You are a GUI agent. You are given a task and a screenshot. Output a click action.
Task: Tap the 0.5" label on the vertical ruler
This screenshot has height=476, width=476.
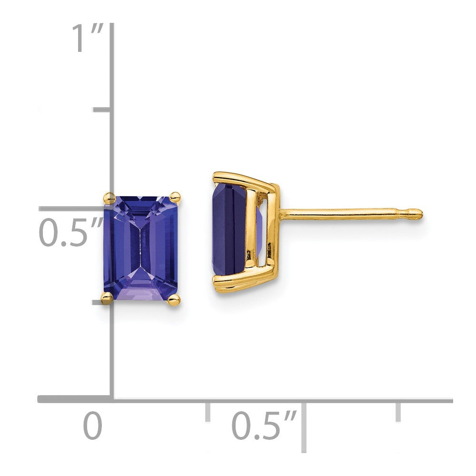(x=70, y=232)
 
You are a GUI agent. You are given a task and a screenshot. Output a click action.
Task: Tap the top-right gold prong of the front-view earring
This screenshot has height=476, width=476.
(x=175, y=196)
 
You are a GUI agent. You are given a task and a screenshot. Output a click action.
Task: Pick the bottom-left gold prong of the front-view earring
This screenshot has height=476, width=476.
(x=107, y=298)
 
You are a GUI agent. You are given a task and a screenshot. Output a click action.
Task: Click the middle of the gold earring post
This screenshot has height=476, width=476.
(x=347, y=215)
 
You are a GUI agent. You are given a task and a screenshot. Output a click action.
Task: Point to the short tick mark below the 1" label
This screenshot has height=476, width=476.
(x=101, y=110)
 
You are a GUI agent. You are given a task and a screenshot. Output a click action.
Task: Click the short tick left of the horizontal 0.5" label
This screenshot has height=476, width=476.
(x=208, y=411)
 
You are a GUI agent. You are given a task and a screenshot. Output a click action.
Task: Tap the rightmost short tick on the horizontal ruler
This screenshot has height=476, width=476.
(x=398, y=411)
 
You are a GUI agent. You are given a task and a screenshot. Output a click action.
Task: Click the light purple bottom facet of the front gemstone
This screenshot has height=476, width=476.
(x=141, y=285)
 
